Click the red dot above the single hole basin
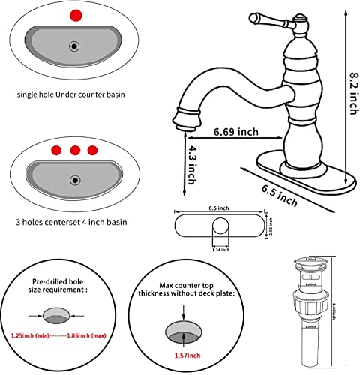74,15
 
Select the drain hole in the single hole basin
73,46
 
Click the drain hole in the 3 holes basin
73,180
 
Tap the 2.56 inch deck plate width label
272,226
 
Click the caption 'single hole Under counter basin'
71,95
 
